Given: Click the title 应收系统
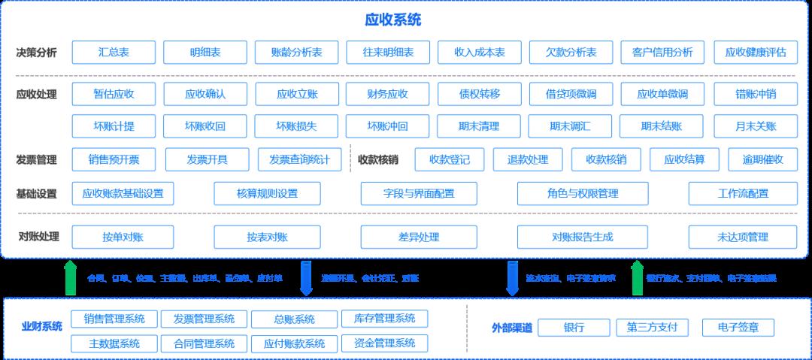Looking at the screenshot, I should tap(392, 20).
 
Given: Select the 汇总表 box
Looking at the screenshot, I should tap(114, 53).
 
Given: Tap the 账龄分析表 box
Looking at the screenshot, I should tap(296, 53).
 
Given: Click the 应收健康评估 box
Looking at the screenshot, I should tap(755, 53).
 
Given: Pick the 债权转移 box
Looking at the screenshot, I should tap(479, 94).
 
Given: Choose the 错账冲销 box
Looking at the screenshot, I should tap(755, 94).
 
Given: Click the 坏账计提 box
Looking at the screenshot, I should tap(114, 126).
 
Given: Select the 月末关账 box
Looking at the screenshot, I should tap(755, 126).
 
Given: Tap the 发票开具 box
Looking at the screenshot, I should tap(207, 159).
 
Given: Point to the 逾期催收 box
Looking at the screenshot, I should tap(762, 159).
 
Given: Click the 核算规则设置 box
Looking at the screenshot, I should tap(267, 193).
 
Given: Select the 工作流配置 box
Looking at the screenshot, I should tap(742, 193).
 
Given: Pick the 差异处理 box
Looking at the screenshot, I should tap(419, 237).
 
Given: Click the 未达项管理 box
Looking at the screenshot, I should tap(742, 237).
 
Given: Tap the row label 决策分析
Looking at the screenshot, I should tap(36, 53).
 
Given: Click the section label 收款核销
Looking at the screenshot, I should tap(377, 159).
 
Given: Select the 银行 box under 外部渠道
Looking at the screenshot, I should tap(574, 328).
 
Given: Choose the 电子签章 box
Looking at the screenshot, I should tap(738, 328).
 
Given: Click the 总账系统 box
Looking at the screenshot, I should tap(294, 319).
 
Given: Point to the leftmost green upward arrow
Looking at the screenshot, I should tap(70, 277).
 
